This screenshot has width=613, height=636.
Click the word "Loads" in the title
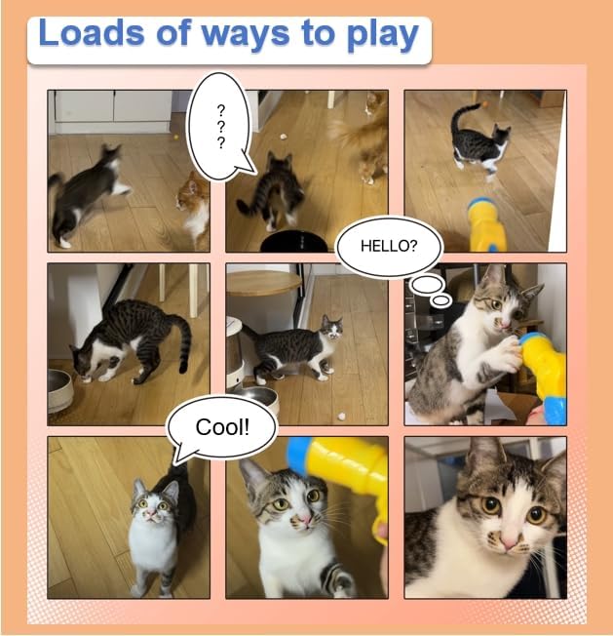(x=92, y=33)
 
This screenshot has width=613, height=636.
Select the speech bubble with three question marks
(x=218, y=126)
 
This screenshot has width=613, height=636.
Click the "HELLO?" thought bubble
(x=389, y=247)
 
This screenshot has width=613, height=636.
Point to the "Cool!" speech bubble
(x=222, y=427)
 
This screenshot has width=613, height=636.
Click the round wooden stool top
(x=264, y=282)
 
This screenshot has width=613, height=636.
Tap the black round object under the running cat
(x=293, y=242)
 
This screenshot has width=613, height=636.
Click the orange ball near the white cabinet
(x=176, y=138)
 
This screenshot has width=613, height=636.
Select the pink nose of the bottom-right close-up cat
(x=508, y=542)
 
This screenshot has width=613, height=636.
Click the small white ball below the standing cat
(x=341, y=416)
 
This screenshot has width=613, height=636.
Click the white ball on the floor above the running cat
(x=283, y=138)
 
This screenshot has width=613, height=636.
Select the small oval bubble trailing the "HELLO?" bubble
(x=441, y=300)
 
